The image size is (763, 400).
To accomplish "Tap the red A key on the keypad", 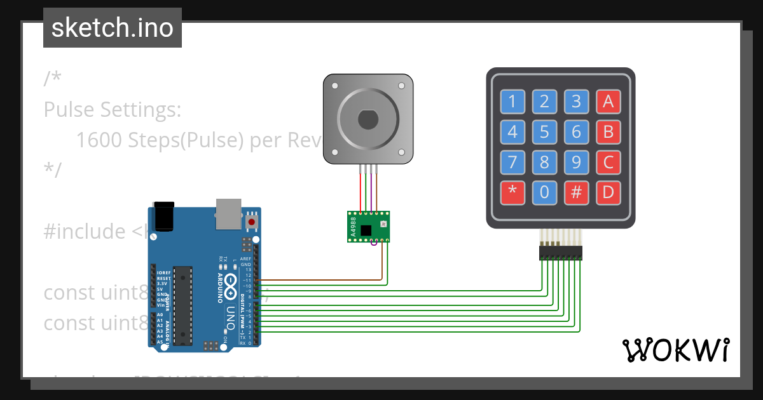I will (x=608, y=101).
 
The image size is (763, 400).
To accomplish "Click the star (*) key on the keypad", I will (x=512, y=192).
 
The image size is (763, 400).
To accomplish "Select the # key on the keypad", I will (x=576, y=192).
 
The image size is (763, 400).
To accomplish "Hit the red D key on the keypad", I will (x=608, y=192).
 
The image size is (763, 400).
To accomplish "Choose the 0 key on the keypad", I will (x=544, y=192).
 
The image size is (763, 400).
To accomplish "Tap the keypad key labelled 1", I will (x=512, y=101).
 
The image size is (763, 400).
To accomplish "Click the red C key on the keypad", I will (x=608, y=162).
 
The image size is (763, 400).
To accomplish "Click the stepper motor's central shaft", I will (x=368, y=119).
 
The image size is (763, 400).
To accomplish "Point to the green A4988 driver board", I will (x=368, y=226).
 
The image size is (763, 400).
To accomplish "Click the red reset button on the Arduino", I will (x=252, y=222).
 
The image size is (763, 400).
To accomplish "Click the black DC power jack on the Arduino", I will (x=163, y=216).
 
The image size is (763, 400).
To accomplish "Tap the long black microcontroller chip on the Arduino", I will (x=182, y=305).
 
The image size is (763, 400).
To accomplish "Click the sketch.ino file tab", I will (x=113, y=28).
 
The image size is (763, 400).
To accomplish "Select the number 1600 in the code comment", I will (x=99, y=140).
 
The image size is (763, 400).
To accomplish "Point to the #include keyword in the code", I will (x=85, y=232).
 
